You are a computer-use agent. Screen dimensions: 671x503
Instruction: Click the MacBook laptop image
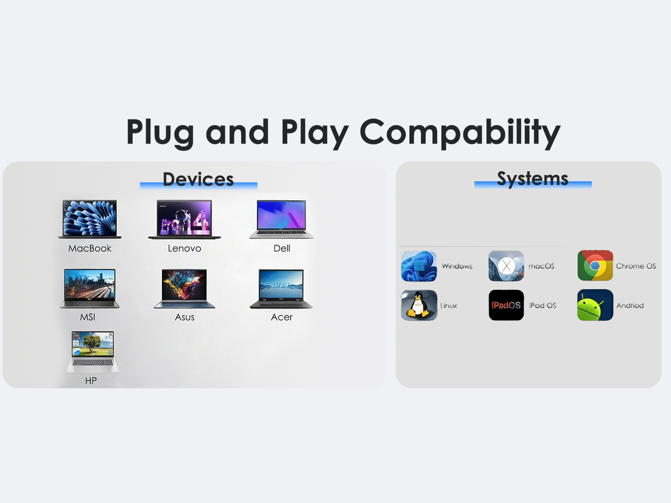pyautogui.click(x=90, y=219)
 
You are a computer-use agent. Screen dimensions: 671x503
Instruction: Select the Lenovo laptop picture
pyautogui.click(x=185, y=220)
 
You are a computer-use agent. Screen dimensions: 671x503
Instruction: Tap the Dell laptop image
pyautogui.click(x=282, y=220)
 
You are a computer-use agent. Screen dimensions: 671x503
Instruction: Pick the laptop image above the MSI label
pyautogui.click(x=90, y=288)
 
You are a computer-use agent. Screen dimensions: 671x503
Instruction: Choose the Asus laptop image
pyautogui.click(x=185, y=289)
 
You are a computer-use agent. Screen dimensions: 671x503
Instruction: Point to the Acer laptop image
pyautogui.click(x=281, y=289)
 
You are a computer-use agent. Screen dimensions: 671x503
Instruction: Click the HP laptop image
pyautogui.click(x=93, y=352)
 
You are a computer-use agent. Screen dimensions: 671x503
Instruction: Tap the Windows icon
pyautogui.click(x=419, y=266)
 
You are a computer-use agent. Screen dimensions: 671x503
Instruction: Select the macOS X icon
pyautogui.click(x=506, y=266)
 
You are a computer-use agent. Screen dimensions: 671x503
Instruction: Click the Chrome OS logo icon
pyautogui.click(x=595, y=266)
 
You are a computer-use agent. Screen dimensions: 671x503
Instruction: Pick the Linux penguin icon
pyautogui.click(x=419, y=305)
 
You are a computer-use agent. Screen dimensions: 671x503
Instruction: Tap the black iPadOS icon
pyautogui.click(x=506, y=305)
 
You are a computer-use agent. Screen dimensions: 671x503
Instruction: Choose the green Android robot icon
pyautogui.click(x=595, y=305)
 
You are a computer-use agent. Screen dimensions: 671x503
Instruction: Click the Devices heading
pyautogui.click(x=198, y=179)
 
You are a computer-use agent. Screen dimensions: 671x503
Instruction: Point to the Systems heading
pyautogui.click(x=533, y=179)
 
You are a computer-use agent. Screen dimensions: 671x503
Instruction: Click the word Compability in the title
pyautogui.click(x=460, y=133)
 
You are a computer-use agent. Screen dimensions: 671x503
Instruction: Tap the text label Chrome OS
pyautogui.click(x=636, y=266)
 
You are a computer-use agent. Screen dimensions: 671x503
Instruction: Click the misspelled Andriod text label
pyautogui.click(x=630, y=305)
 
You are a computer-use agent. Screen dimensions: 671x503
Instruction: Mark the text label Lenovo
pyautogui.click(x=185, y=248)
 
